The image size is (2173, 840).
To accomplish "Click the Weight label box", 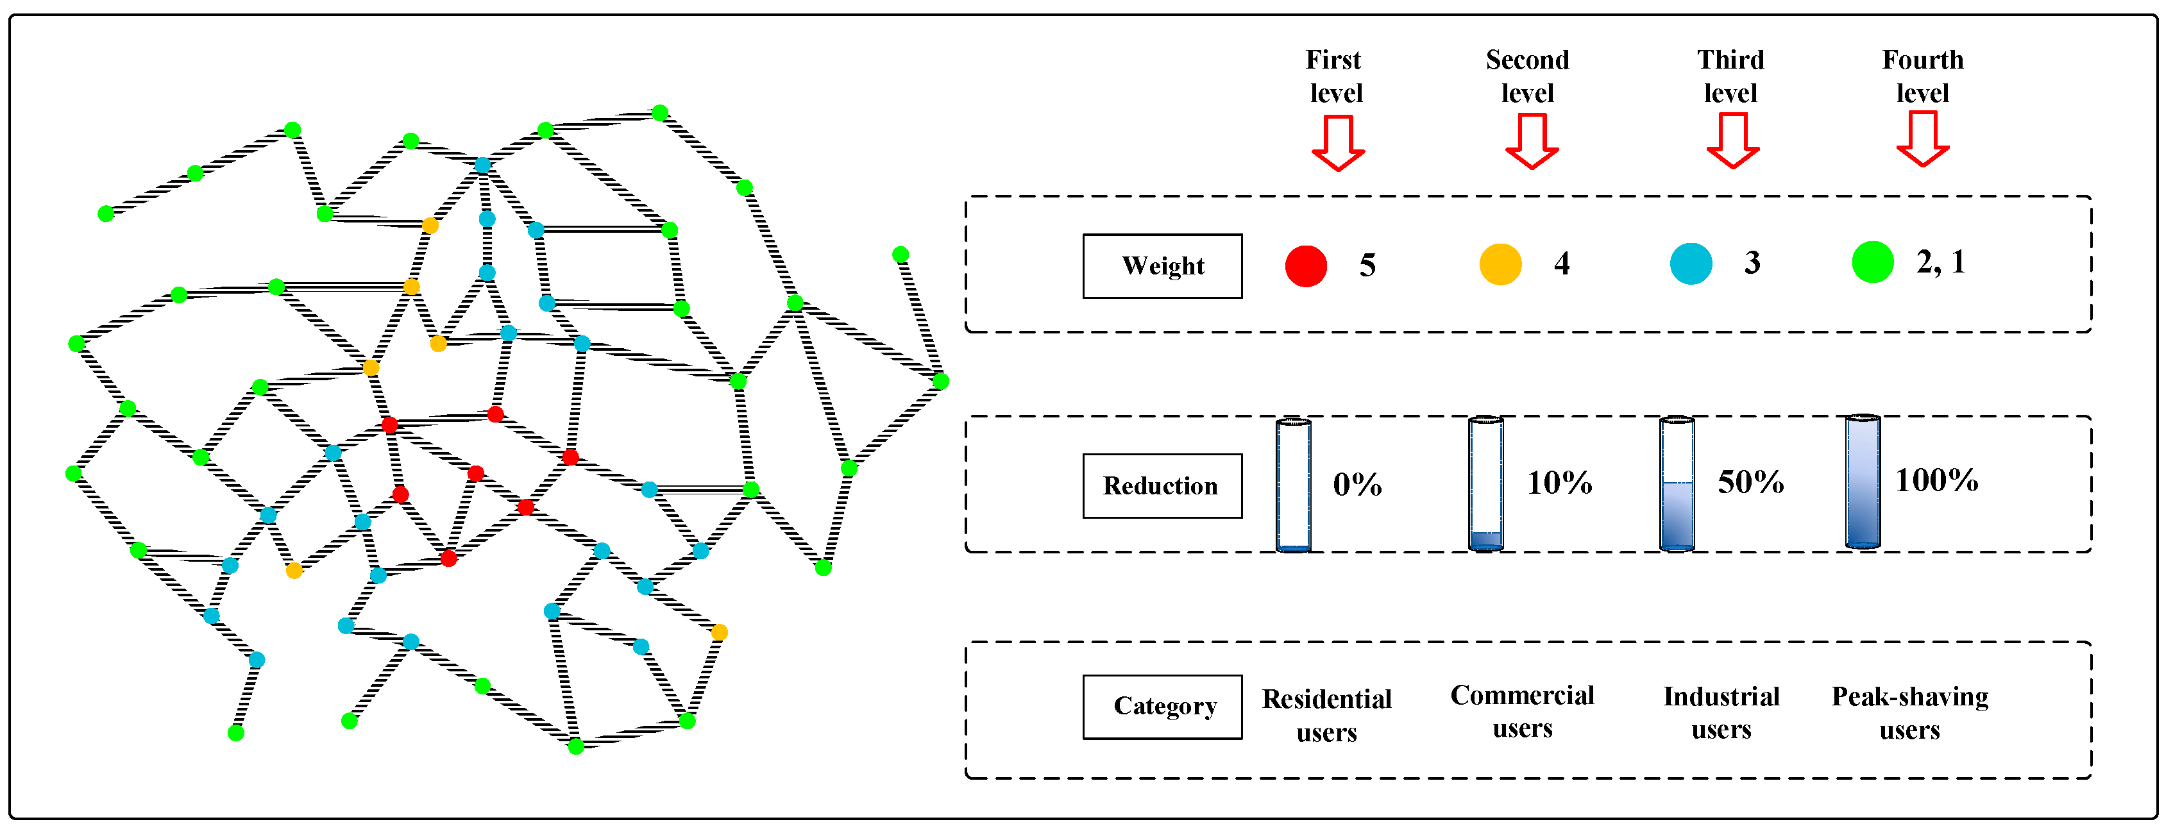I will click(1162, 265).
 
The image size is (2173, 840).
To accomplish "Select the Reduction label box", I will click(1162, 486).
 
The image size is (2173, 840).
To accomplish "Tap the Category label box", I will click(1162, 707).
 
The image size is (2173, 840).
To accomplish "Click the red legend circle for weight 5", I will click(1305, 265).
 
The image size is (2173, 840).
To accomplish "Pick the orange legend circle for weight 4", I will click(1500, 265).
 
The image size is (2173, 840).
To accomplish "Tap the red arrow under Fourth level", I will click(1922, 139).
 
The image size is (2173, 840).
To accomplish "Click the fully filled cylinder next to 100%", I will click(1862, 482).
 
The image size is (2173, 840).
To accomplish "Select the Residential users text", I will click(1326, 715).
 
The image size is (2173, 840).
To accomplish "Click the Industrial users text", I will click(1721, 712).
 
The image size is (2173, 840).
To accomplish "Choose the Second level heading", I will click(1527, 76).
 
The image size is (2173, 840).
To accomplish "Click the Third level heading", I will click(1730, 76).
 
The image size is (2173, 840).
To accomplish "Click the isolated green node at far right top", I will click(900, 255).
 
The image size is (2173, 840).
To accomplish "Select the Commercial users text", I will click(1522, 711).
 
